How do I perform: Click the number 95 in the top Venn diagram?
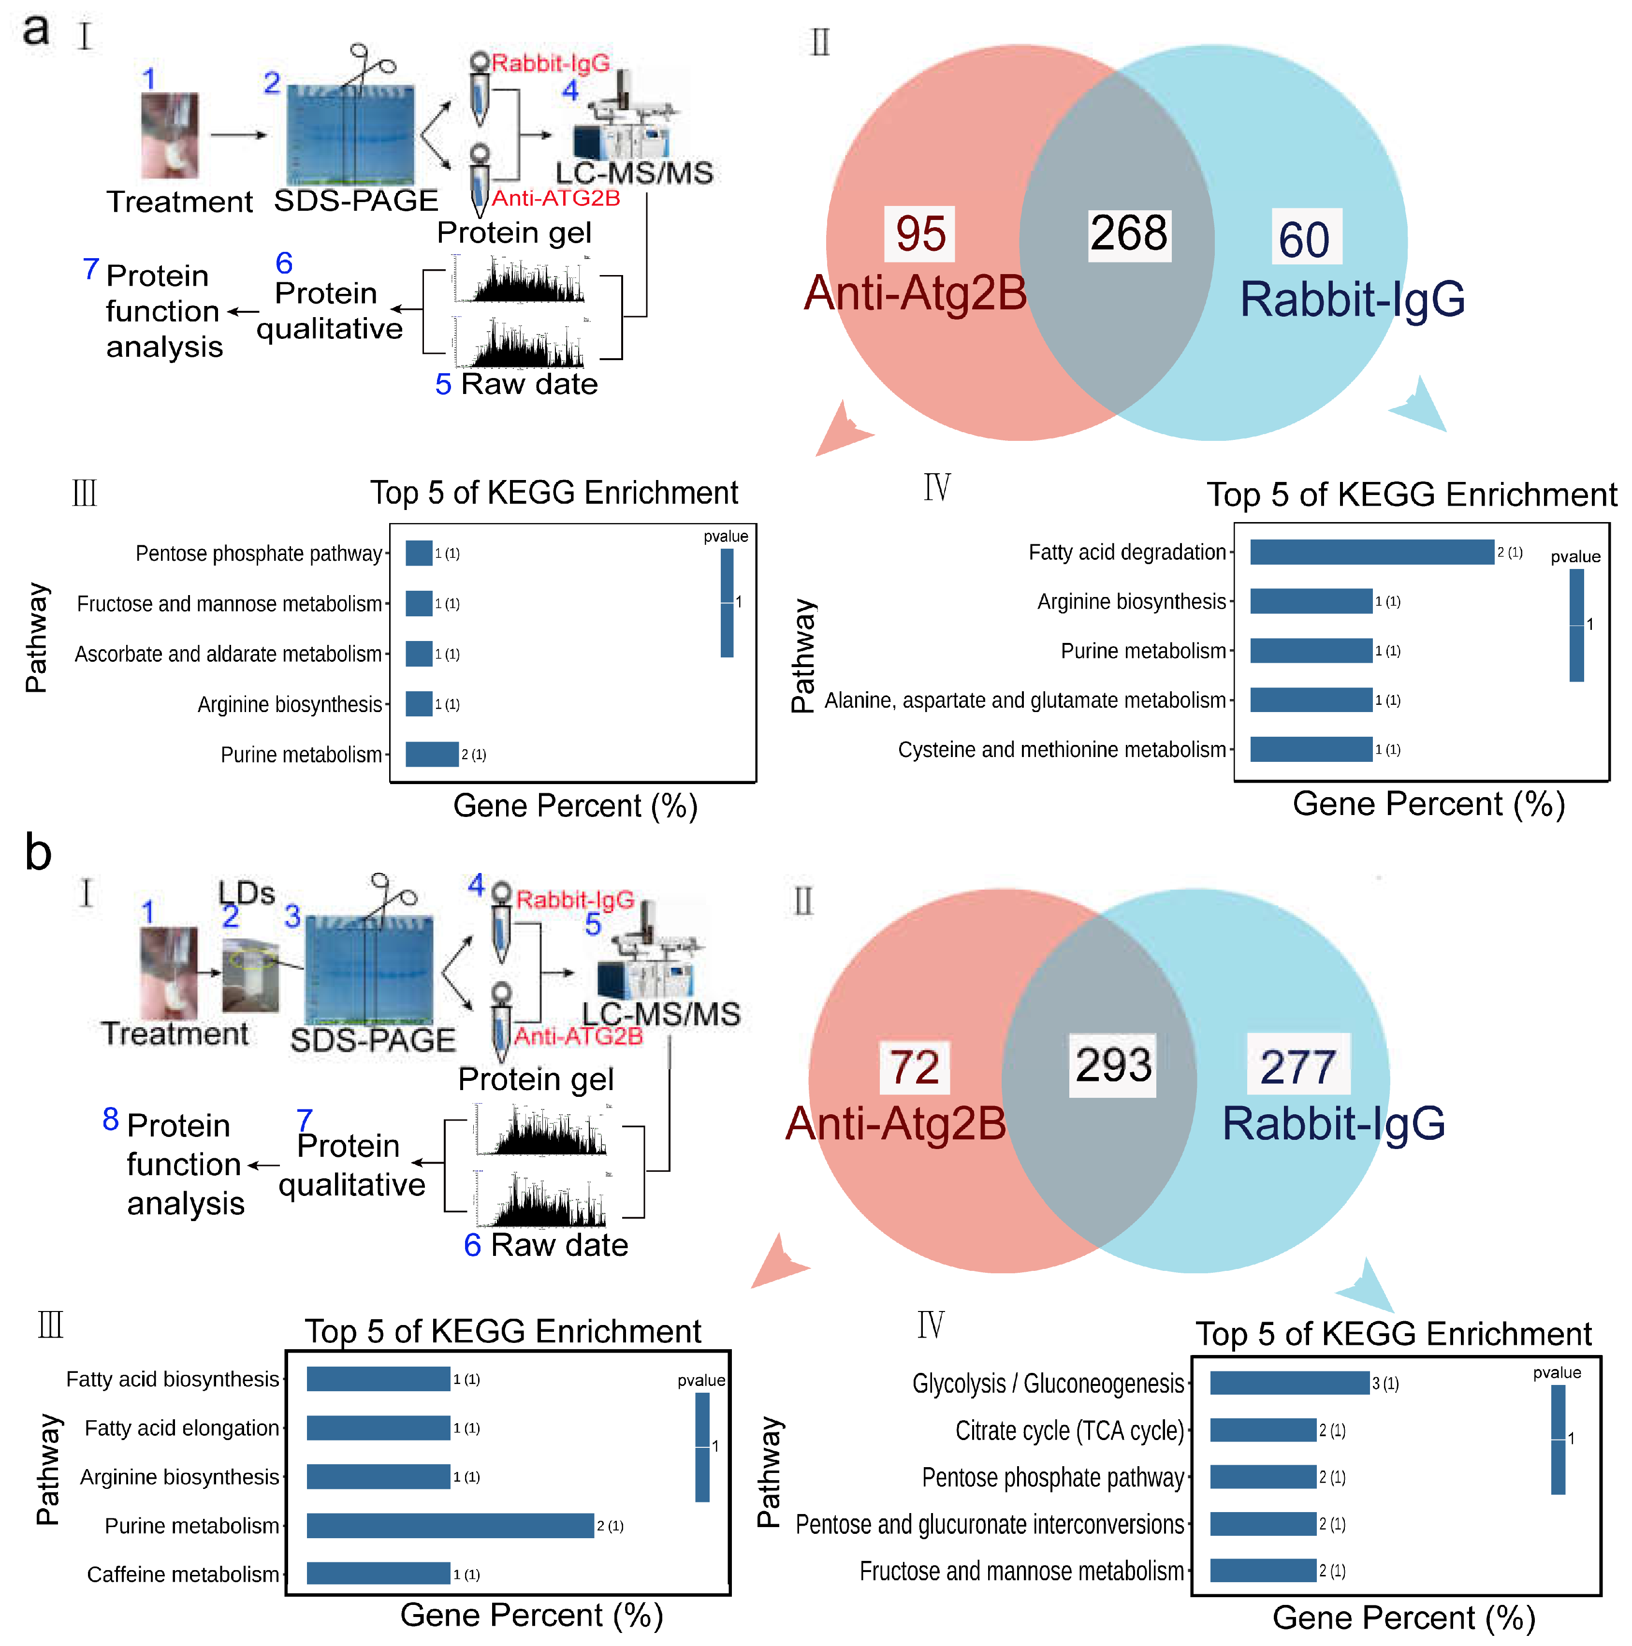[x=920, y=233]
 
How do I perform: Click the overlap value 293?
[x=1112, y=1065]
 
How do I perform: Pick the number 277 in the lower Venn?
[x=1298, y=1067]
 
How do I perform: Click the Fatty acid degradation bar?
[x=1371, y=552]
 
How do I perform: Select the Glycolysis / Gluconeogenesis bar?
[x=1289, y=1383]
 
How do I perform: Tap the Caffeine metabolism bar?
[x=378, y=1573]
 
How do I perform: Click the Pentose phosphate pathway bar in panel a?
[x=418, y=553]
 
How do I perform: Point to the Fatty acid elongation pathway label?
[x=181, y=1428]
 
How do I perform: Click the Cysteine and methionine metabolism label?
[x=1061, y=750]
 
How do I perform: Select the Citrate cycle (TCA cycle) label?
[x=1069, y=1430]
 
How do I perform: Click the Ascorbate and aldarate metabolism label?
[x=228, y=655]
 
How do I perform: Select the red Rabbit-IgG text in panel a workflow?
[x=550, y=63]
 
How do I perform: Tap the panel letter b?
[x=38, y=852]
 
